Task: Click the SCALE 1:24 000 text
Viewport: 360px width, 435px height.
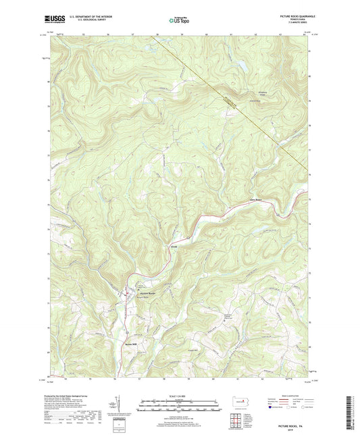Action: coord(180,396)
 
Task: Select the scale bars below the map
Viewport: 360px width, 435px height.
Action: coord(180,407)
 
